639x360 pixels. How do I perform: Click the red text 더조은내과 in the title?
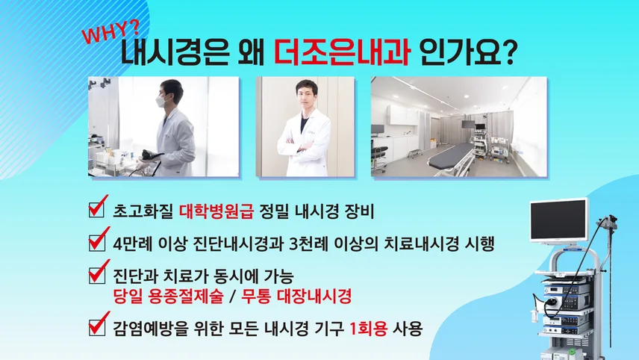click(341, 52)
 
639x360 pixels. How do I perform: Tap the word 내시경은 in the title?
click(175, 53)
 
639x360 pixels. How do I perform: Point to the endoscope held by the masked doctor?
click(150, 156)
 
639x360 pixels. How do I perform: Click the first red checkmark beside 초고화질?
click(99, 206)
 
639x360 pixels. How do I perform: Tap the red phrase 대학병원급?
click(216, 211)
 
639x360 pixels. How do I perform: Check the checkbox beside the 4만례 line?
click(97, 240)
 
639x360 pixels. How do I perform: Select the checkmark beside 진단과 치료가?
click(99, 272)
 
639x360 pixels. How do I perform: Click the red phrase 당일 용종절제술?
click(169, 297)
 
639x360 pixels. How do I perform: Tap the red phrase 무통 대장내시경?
click(296, 297)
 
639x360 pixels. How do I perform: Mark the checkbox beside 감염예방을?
click(97, 325)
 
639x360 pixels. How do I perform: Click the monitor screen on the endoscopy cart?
click(559, 220)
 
